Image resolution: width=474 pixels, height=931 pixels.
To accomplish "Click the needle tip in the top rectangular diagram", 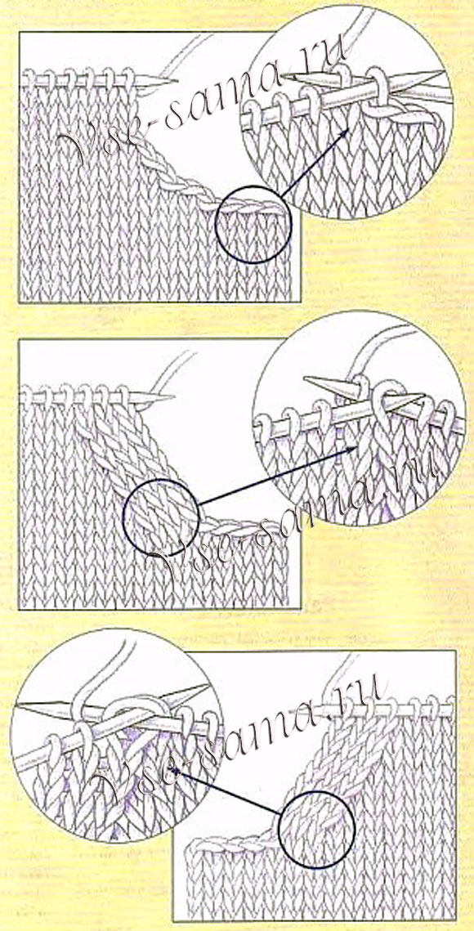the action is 176,81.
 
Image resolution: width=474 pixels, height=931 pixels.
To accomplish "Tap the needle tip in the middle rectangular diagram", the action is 172,396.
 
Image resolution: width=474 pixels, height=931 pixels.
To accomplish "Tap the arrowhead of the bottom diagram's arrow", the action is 173,770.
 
